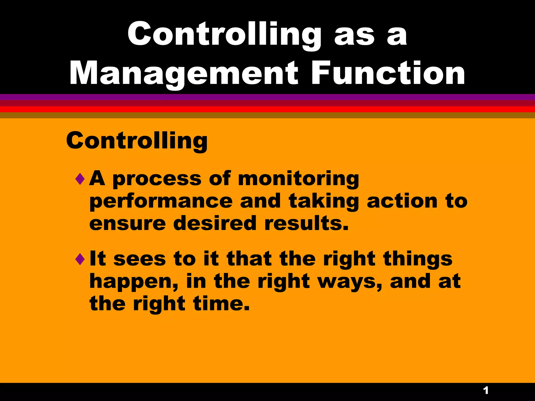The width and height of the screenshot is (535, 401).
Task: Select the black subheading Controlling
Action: (137, 141)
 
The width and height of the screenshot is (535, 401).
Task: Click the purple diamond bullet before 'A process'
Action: (80, 179)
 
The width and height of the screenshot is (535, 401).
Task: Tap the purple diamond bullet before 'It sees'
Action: (80, 259)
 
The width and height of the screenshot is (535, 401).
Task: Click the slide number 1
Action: (486, 391)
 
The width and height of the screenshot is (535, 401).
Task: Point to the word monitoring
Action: (299, 179)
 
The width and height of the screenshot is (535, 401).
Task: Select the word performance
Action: (161, 202)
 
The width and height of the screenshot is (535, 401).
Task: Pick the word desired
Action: (215, 223)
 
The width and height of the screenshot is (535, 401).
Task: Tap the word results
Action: (306, 223)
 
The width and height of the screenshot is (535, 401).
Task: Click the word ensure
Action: (127, 224)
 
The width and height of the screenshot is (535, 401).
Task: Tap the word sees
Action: (140, 259)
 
